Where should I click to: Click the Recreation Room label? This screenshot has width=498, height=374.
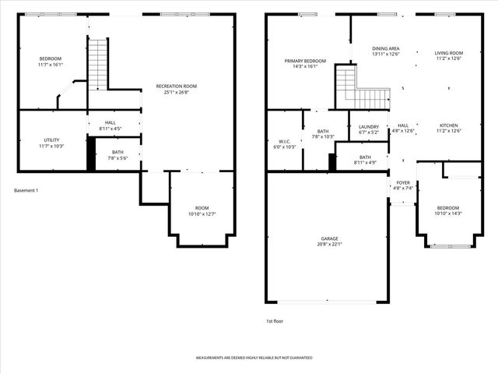176,86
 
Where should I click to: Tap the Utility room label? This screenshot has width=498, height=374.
51,140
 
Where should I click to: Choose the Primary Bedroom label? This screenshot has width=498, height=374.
305,61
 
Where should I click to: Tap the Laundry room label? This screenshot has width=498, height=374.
369,126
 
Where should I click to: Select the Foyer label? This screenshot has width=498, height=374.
402,183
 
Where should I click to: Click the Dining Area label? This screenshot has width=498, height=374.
385,48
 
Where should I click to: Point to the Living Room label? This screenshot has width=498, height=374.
448,53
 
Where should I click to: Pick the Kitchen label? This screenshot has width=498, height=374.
448,125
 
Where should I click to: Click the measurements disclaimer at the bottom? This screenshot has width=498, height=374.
254,358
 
